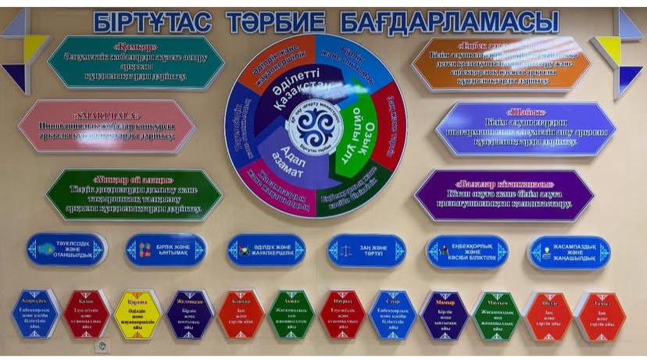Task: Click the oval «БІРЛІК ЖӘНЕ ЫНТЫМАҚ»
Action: click(166, 250)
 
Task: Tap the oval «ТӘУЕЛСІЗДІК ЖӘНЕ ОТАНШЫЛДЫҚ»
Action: click(66, 250)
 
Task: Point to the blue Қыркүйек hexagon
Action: click(37, 312)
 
